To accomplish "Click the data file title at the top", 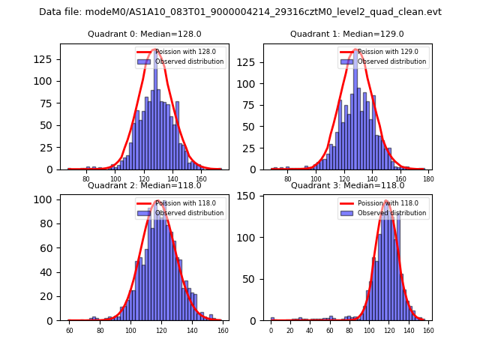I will (240, 12).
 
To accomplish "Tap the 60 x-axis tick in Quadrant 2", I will (70, 331).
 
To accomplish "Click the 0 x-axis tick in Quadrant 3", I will (271, 331).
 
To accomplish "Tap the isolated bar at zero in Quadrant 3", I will (272, 319).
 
